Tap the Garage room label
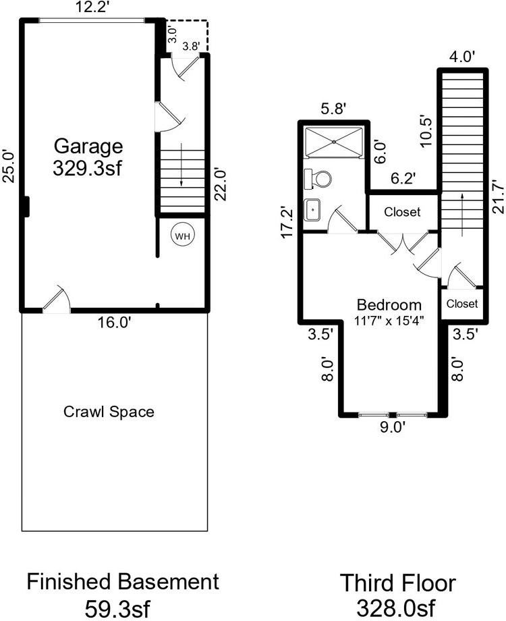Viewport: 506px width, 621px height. pos(88,146)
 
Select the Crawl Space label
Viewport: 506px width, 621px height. pos(109,411)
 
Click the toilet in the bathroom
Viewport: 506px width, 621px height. pos(318,179)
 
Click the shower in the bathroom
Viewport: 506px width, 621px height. pos(335,142)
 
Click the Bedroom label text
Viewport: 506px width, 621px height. pos(389,304)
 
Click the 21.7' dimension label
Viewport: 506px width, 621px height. pos(498,196)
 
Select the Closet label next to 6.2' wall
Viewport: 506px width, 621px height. pos(402,212)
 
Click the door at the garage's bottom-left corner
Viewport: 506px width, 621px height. pos(57,298)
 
